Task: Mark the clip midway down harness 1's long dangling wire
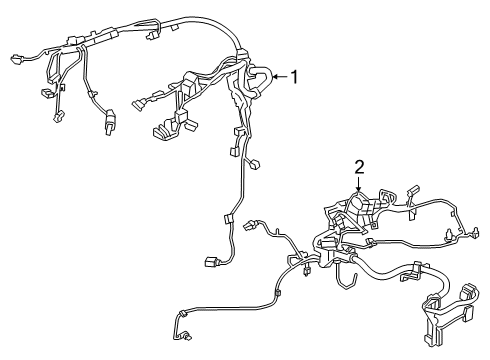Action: pyautogui.click(x=227, y=220)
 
